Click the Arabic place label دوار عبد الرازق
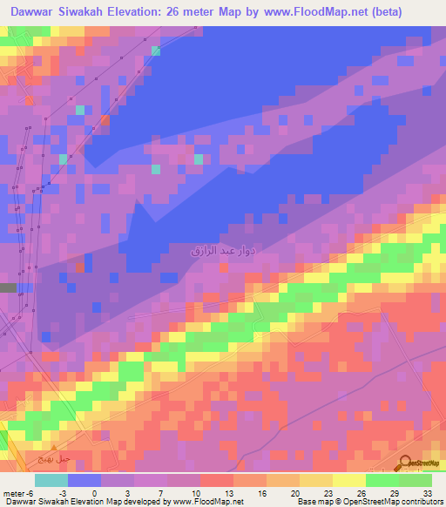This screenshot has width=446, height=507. [222, 250]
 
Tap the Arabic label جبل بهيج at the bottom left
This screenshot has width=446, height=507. [37, 457]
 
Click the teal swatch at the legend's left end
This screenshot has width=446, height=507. [51, 481]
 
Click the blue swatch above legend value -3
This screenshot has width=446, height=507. [84, 481]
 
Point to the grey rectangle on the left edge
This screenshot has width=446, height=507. [8, 287]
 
